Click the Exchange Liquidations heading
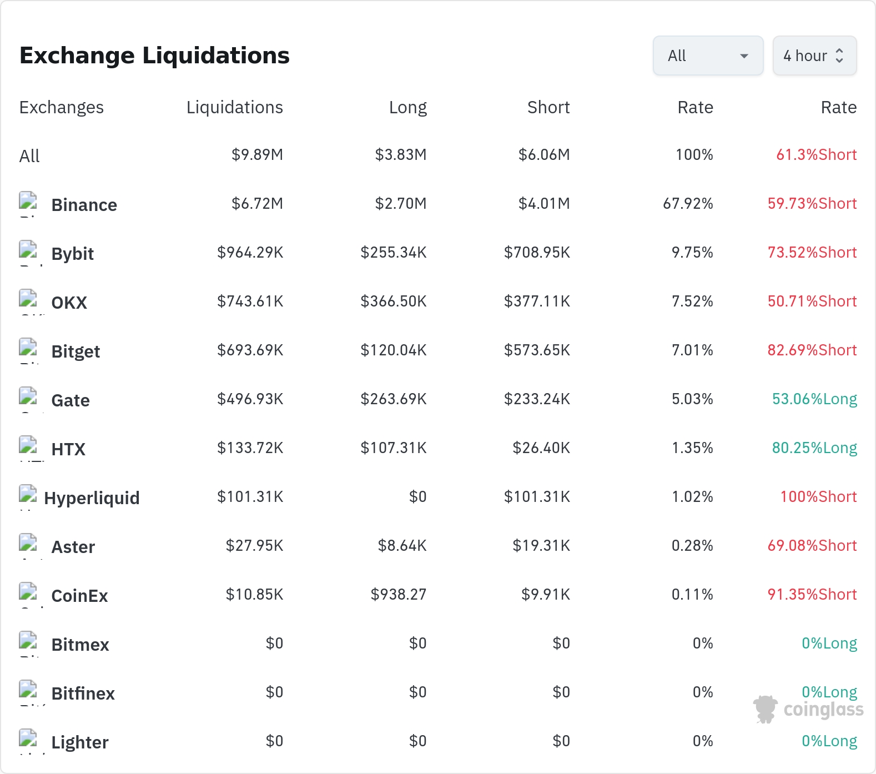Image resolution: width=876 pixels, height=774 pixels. coord(154,56)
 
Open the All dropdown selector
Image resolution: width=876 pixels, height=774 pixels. coord(708,56)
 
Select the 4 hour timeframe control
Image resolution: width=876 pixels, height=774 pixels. coord(814,56)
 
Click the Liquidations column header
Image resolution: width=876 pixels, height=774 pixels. coord(235,107)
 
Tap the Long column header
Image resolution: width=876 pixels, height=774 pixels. coord(408,107)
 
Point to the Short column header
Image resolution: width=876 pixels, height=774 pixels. coord(548,107)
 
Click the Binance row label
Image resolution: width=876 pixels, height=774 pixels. coord(84,205)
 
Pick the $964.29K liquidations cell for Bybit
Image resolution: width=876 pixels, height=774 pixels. coord(250,253)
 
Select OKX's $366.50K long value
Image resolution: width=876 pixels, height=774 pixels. coord(394,301)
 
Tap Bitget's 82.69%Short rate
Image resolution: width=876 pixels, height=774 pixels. coord(812,350)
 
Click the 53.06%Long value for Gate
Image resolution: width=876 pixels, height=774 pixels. coord(814,399)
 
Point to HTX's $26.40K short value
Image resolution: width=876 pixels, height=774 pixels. coord(541,448)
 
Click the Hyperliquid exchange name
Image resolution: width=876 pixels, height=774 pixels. coord(92,498)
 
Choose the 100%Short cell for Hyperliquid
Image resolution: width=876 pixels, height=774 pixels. coord(819,497)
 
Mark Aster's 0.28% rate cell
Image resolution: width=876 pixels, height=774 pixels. coord(692,546)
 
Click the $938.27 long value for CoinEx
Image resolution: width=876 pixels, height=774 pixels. coord(399,595)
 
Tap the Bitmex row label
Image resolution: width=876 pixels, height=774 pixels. coord(80,645)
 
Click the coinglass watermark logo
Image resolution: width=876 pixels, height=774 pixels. coord(808,710)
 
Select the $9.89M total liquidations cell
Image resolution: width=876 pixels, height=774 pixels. coord(258,155)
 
